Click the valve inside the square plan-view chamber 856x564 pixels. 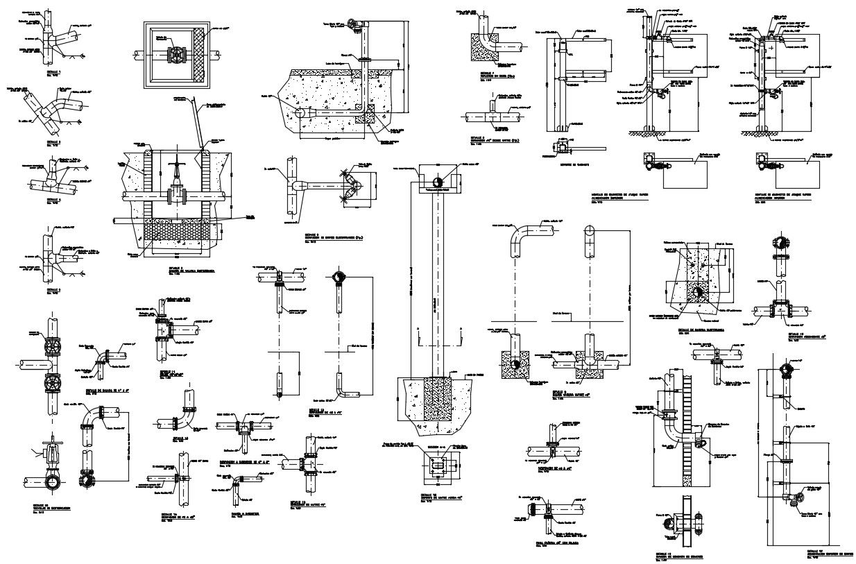pos(178,54)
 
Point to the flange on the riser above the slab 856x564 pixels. pos(361,60)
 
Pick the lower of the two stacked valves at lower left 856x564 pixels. pos(52,383)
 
